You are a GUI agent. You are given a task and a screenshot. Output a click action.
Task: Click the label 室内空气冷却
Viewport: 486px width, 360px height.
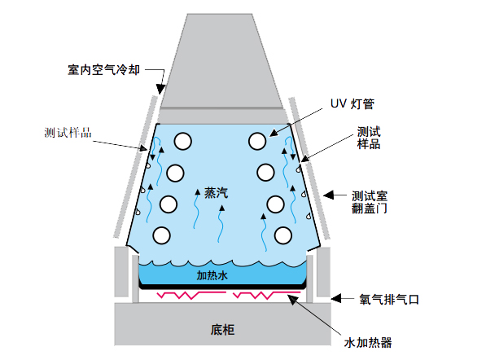(104, 70)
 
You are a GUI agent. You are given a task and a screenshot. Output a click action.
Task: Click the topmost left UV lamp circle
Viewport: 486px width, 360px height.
(182, 141)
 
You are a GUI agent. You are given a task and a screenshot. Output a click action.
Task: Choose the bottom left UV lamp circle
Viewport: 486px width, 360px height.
(160, 235)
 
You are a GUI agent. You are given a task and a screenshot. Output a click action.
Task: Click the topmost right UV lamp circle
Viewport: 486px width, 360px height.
(257, 141)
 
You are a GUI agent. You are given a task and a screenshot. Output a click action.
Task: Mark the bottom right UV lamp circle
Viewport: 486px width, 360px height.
(282, 235)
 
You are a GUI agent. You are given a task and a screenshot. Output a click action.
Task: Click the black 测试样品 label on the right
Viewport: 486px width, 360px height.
(369, 138)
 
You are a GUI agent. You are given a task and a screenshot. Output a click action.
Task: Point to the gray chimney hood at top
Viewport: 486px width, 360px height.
(221, 57)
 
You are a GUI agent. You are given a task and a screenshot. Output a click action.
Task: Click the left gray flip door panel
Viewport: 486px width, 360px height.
(134, 171)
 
